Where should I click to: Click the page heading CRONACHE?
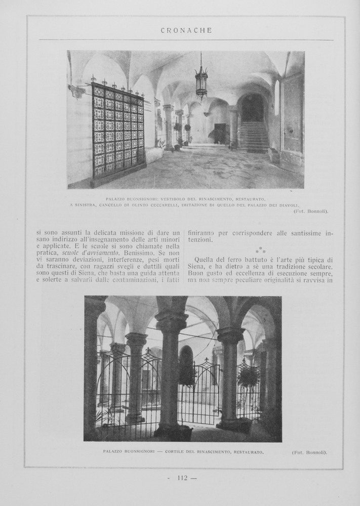click(x=186, y=30)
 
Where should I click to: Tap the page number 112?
click(x=183, y=477)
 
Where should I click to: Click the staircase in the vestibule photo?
click(x=253, y=136)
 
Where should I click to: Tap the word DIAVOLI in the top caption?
click(x=288, y=205)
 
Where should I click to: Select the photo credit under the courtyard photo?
click(x=309, y=452)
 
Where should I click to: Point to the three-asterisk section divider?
click(x=260, y=250)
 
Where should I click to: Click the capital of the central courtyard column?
click(x=171, y=322)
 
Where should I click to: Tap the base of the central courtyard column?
click(x=172, y=431)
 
